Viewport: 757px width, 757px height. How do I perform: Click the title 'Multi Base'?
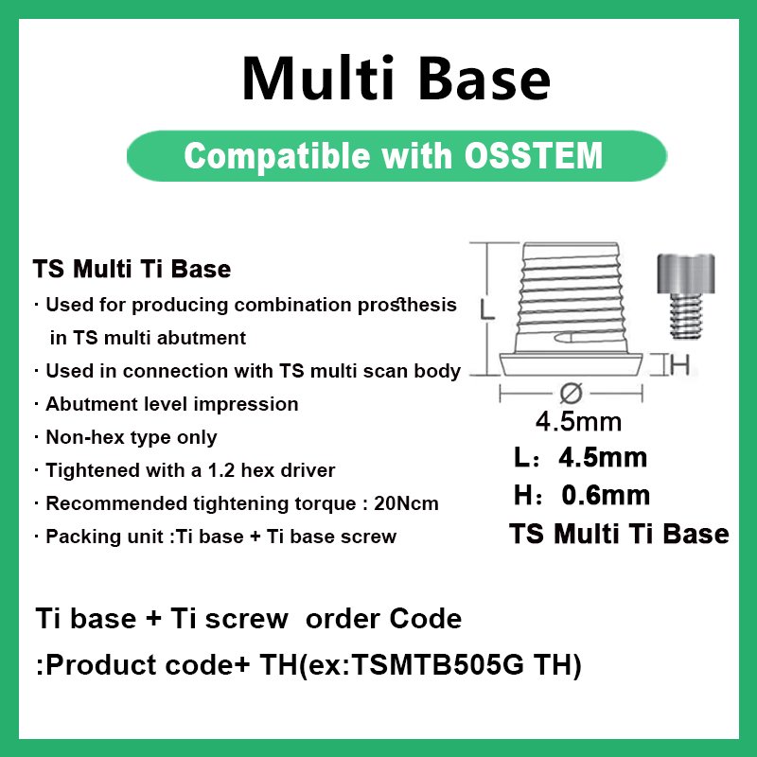pos(396,79)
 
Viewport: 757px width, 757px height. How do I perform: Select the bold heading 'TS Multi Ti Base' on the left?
pos(132,270)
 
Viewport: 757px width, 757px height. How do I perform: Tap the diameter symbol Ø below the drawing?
pos(571,392)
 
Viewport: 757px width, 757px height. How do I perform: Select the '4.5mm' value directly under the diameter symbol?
pos(578,420)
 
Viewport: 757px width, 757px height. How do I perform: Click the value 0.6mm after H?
pos(606,494)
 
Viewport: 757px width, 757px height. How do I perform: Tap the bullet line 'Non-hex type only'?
pos(132,437)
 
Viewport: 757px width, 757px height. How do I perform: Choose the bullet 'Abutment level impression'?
pos(171,404)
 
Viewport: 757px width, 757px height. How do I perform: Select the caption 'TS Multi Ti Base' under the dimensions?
pos(619,534)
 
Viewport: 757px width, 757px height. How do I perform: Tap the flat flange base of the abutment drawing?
pos(572,364)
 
